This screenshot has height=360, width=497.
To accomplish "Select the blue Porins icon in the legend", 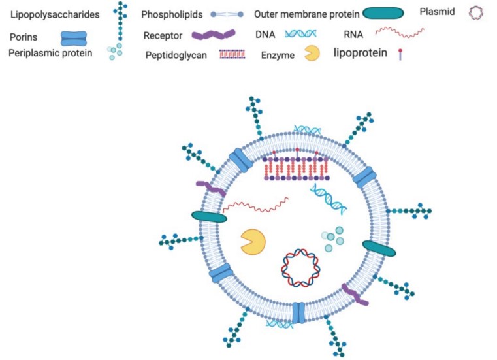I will click(78, 40).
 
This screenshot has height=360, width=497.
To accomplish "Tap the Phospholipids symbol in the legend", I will click(216, 14).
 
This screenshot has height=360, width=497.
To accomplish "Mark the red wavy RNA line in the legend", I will click(400, 31).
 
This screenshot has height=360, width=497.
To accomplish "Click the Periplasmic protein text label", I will click(50, 53).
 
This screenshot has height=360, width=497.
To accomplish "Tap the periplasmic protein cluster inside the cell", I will click(332, 238).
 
